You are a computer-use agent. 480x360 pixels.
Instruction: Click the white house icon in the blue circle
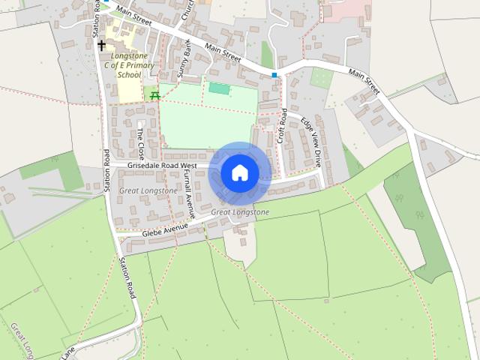239,173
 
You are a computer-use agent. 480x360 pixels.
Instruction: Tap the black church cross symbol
102,45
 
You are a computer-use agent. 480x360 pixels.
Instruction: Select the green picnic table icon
154,95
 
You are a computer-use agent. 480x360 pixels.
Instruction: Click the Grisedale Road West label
162,165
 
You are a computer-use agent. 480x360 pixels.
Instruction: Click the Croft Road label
283,127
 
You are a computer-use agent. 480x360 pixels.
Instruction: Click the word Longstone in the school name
128,56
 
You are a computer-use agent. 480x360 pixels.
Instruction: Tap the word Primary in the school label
140,66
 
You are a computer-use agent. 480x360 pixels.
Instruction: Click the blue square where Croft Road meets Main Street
274,75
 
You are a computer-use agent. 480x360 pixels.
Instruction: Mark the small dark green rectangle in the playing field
219,88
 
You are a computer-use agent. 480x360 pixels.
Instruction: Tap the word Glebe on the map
153,233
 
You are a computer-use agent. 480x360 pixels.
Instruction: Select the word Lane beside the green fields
69,351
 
